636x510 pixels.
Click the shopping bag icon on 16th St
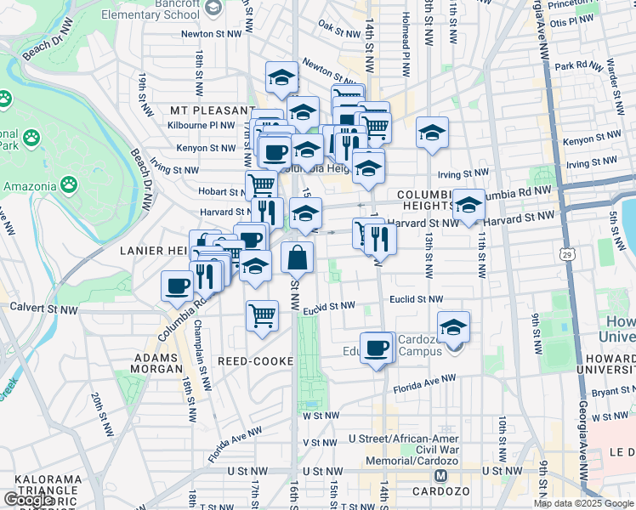[x=297, y=258]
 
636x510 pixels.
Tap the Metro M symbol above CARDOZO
[x=441, y=476]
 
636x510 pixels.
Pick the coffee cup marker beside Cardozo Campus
[x=377, y=347]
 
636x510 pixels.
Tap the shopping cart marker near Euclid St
[x=263, y=315]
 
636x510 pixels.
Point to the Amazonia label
[x=30, y=185]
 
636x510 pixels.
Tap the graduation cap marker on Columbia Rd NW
[x=468, y=205]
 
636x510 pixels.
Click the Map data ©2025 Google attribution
[x=584, y=503]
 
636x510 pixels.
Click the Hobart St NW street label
[x=222, y=192]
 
